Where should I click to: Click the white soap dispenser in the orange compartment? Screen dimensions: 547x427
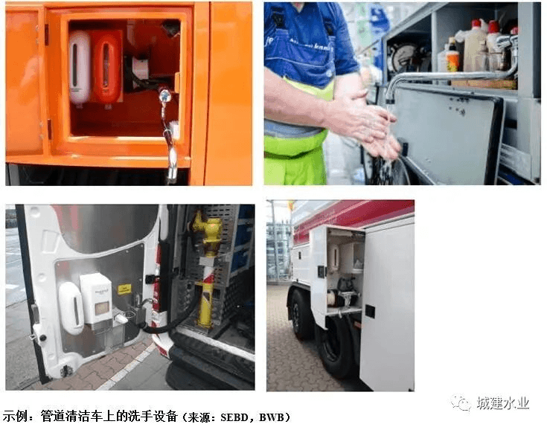point(80,68)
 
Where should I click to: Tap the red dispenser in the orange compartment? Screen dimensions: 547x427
point(106,68)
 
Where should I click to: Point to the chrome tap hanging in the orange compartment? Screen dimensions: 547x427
point(168,136)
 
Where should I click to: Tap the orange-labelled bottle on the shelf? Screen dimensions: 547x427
point(452,56)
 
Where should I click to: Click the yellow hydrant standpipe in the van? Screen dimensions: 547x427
point(207,269)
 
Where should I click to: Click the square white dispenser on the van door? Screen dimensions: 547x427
point(96,299)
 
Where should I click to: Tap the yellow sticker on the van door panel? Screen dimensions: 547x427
point(124,289)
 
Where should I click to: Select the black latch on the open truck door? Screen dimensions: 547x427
point(370,311)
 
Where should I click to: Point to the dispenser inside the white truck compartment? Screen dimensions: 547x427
point(334,257)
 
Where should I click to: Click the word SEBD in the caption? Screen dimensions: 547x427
point(239,417)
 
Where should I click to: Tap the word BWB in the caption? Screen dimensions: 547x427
point(272,417)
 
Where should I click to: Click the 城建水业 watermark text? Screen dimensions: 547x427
point(502,403)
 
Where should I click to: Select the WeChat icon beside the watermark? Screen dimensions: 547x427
point(461,403)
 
